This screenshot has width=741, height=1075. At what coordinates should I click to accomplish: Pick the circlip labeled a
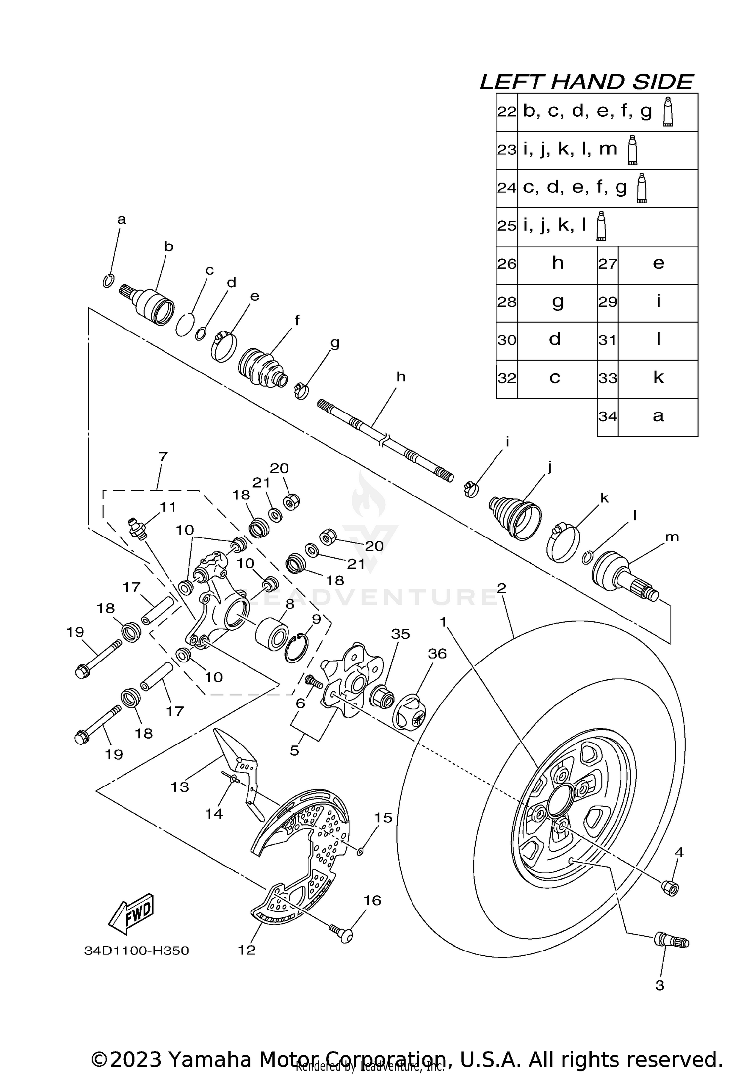(109, 280)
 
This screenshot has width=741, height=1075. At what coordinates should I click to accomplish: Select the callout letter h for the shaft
(401, 377)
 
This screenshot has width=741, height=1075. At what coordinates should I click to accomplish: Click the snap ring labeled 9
(297, 649)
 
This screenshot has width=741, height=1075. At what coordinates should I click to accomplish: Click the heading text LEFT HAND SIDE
(586, 82)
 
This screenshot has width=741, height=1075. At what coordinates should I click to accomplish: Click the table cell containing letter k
(658, 378)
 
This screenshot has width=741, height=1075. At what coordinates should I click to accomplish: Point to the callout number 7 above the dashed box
(163, 456)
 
